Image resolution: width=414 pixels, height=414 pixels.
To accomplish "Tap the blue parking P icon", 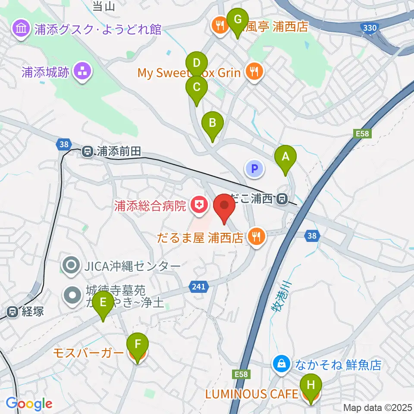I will point(254,169).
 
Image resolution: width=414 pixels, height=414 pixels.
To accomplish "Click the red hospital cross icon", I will point(198,205).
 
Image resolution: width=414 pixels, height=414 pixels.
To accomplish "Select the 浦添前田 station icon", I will point(88,152).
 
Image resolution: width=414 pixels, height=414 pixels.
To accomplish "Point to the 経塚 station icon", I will point(13,311).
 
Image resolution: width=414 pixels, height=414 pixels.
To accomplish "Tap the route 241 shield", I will point(199,285).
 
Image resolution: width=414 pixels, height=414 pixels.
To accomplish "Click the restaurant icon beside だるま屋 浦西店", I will point(256,236).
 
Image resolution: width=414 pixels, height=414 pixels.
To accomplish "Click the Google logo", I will point(29,404).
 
